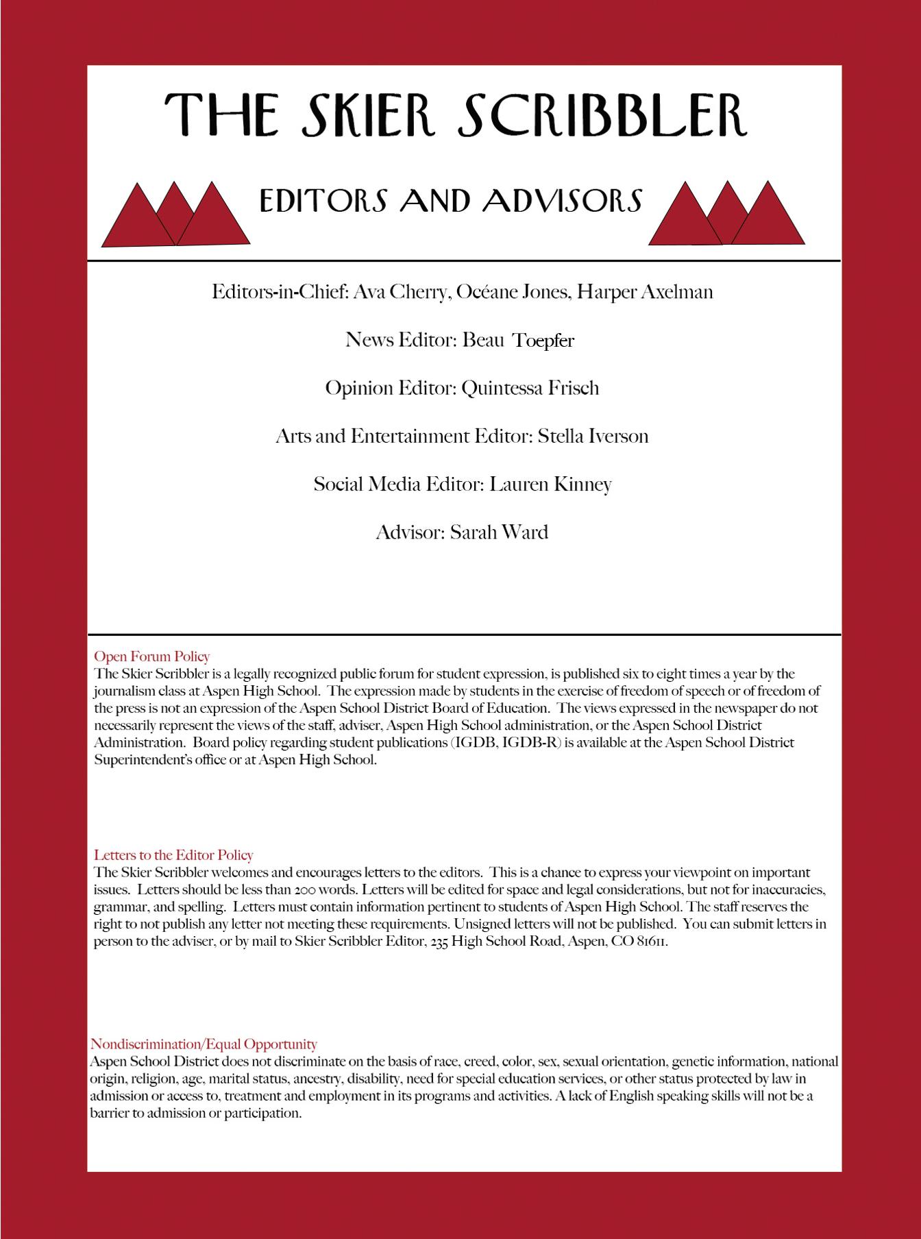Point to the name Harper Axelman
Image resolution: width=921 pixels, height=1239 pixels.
coord(645,292)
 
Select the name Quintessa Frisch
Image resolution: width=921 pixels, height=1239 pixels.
coord(530,389)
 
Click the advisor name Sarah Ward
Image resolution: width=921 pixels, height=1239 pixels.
coord(499,532)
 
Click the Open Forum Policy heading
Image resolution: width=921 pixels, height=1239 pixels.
coord(151,657)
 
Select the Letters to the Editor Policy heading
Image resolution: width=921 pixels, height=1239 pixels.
coord(173,855)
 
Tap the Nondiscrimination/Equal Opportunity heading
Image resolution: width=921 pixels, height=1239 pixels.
coord(204,1044)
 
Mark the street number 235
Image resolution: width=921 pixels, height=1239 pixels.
coord(439,942)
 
